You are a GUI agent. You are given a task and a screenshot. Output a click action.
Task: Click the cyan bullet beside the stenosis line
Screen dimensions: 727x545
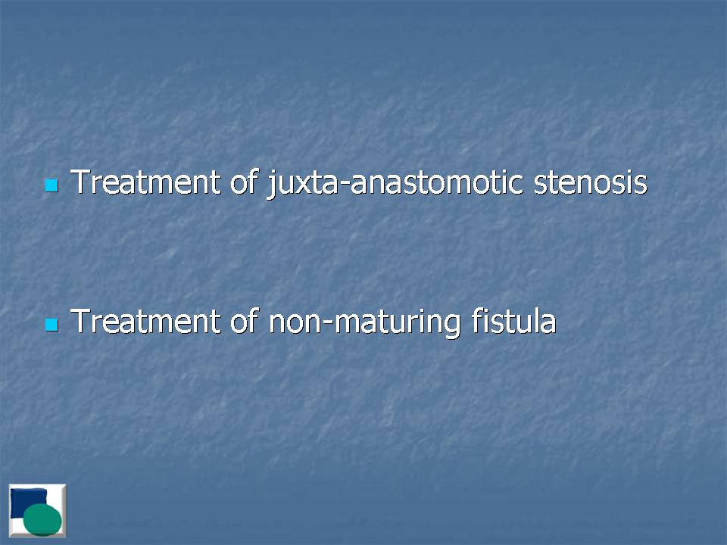[x=52, y=186]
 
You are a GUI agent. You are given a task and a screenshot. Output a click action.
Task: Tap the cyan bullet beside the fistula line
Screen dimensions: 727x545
[x=52, y=325]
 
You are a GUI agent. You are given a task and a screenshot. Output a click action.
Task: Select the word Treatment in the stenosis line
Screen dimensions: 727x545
[x=145, y=182]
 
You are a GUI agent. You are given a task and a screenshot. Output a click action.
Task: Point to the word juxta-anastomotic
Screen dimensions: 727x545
[x=396, y=183]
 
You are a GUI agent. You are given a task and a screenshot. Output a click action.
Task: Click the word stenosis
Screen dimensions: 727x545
[x=591, y=182]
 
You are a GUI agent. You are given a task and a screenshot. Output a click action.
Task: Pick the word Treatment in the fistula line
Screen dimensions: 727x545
[x=145, y=321]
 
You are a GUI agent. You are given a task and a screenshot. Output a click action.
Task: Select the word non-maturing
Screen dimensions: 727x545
[x=364, y=322]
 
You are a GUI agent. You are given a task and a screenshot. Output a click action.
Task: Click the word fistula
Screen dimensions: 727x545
[x=513, y=320]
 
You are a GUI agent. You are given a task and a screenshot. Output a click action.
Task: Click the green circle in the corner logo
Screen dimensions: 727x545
[x=42, y=519]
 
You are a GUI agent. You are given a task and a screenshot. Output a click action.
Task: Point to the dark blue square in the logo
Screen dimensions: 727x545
[x=28, y=503]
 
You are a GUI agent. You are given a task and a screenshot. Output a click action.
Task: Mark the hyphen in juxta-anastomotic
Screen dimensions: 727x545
[x=344, y=185]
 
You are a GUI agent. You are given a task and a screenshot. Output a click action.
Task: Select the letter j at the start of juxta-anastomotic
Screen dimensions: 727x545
[x=272, y=185]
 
